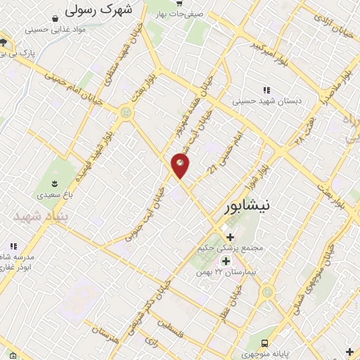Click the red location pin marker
181,165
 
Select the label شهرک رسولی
98,11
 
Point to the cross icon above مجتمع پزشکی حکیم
230,237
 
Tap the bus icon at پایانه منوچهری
264,343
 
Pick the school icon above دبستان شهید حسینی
266,90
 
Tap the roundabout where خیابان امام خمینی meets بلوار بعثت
126,112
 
